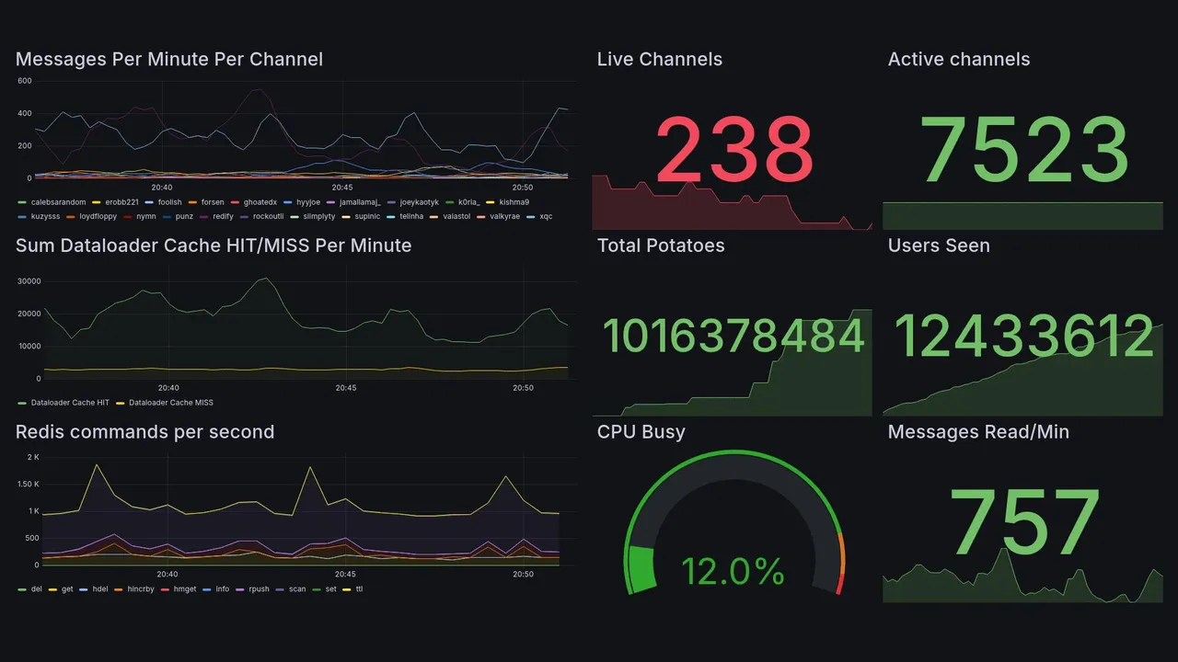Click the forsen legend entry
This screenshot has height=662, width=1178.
(212, 202)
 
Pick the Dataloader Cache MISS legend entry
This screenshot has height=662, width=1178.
(171, 403)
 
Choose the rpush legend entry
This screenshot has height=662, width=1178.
(257, 588)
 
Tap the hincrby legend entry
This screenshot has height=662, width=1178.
(138, 588)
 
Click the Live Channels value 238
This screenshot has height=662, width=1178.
(733, 150)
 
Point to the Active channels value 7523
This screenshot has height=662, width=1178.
(1024, 150)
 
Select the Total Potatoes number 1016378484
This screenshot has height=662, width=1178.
(733, 336)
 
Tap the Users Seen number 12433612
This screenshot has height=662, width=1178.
(1024, 336)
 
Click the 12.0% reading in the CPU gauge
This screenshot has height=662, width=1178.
(733, 571)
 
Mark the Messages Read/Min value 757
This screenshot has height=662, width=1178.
(1024, 523)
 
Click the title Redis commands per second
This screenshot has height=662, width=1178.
(144, 432)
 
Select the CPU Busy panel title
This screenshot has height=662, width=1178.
(641, 432)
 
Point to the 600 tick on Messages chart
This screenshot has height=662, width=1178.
(25, 81)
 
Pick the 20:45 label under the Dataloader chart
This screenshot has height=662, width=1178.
(345, 388)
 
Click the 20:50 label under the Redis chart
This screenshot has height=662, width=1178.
(523, 575)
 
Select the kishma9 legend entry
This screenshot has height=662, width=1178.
(514, 202)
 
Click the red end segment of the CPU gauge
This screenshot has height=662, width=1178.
(838, 586)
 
